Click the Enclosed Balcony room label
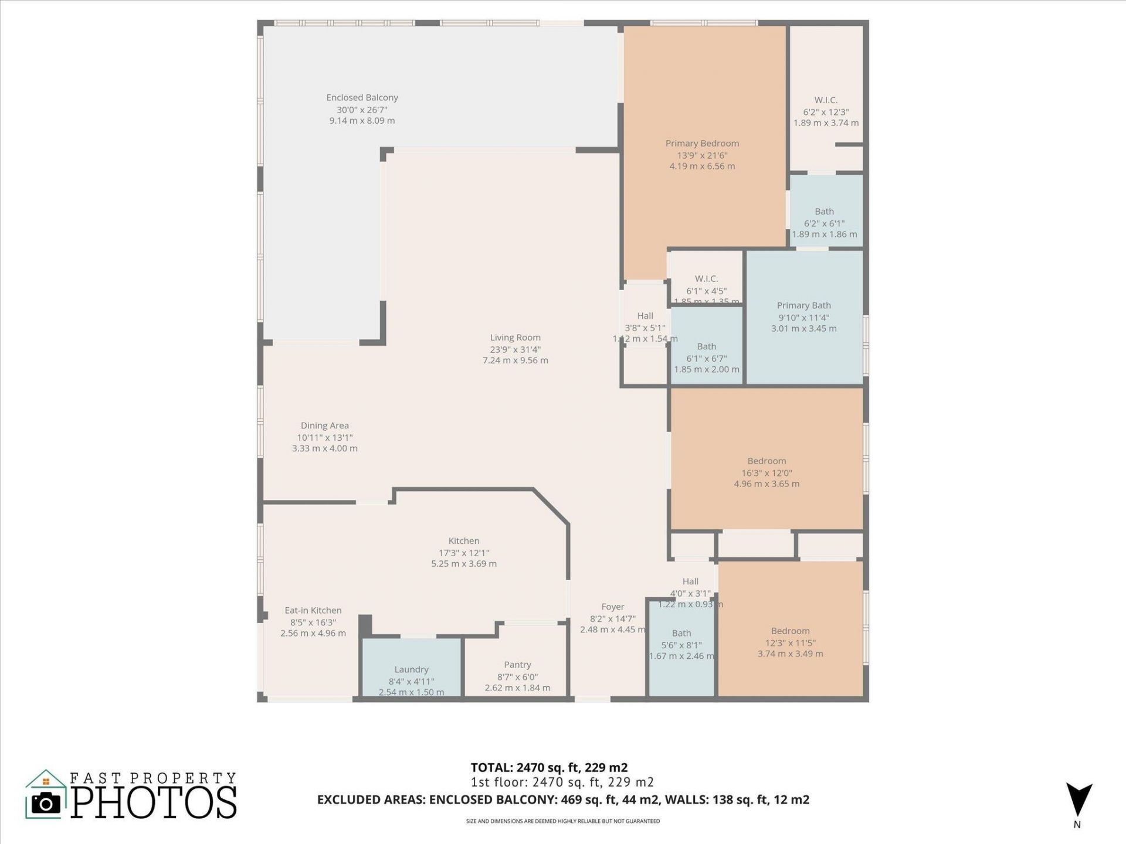pyautogui.click(x=362, y=98)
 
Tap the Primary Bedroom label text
pyautogui.click(x=702, y=144)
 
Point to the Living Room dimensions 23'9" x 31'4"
pyautogui.click(x=515, y=349)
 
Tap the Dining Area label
pyautogui.click(x=324, y=426)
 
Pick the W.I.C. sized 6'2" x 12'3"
pyautogui.click(x=826, y=100)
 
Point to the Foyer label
pyautogui.click(x=612, y=607)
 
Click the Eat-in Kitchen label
pyautogui.click(x=313, y=611)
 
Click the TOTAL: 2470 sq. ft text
pyautogui.click(x=549, y=767)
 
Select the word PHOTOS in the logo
pyautogui.click(x=154, y=803)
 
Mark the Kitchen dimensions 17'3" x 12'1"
pyautogui.click(x=463, y=553)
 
